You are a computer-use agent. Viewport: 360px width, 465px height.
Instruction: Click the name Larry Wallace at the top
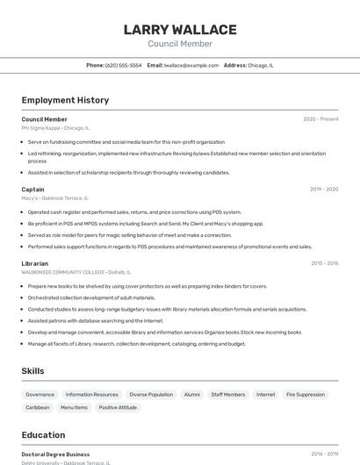coord(180,30)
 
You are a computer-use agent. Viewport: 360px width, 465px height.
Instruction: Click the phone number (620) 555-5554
coord(123,65)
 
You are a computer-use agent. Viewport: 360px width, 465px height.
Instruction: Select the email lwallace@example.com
coord(191,65)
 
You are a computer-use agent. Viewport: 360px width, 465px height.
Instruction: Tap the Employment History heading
coord(65,100)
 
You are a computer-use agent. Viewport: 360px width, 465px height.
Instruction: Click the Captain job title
coord(32,190)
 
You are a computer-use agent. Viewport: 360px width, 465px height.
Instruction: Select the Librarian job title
coord(35,263)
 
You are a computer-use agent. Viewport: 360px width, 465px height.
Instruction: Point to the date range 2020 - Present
coord(320,119)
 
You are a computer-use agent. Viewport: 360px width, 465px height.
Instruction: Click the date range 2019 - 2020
coord(324,190)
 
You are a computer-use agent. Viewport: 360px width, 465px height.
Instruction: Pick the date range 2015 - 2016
coord(324,263)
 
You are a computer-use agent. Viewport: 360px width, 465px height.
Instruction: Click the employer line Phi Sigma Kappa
coord(55,127)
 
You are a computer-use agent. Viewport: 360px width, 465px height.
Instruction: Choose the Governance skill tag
coord(40,395)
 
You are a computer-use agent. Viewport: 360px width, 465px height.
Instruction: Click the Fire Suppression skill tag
coord(306,395)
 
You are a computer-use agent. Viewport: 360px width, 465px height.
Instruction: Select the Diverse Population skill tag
coord(151,395)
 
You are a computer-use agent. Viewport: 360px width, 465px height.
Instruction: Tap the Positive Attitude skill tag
coord(118,407)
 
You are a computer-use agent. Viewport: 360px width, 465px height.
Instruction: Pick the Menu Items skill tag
coord(74,407)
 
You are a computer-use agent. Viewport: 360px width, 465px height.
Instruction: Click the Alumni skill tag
coord(191,395)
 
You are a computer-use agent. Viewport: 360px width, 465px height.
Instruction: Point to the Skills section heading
coord(32,371)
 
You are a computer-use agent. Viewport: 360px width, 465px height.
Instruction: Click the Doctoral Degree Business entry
coord(55,454)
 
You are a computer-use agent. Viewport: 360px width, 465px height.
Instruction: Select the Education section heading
coord(43,435)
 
